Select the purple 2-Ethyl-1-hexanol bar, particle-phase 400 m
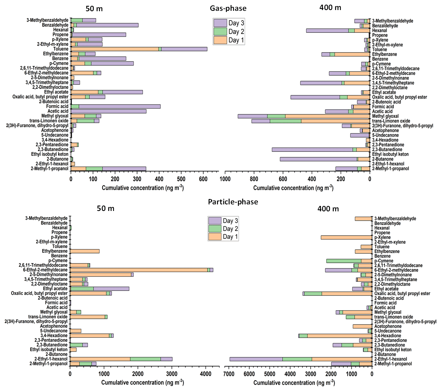click(x=256, y=359)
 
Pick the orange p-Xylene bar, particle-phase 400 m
click(x=346, y=237)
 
